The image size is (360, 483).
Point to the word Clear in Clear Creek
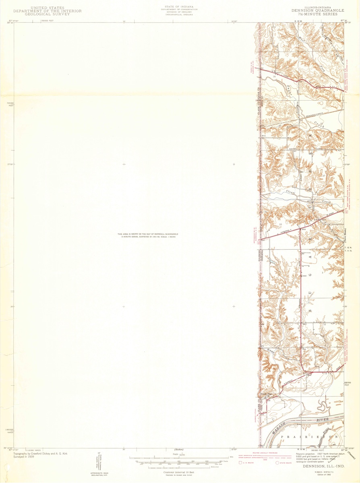tap(291, 192)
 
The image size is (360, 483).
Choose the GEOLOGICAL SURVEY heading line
tap(47, 14)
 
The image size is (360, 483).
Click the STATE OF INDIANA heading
tap(178, 7)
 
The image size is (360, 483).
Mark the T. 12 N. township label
tap(349, 247)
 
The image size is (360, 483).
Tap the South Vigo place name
tap(268, 394)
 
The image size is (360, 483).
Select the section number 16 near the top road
tap(274, 76)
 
